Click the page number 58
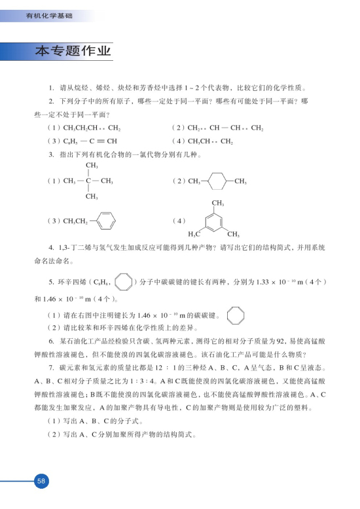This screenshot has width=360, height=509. click(41, 481)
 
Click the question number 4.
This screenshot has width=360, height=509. click(52, 249)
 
